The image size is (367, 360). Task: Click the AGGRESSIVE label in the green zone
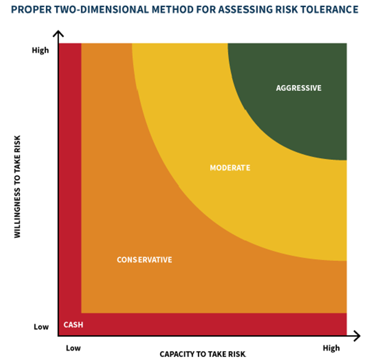pos(299,88)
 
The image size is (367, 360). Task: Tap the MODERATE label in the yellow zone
pos(230,168)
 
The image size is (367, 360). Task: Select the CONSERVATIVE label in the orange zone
pos(144,259)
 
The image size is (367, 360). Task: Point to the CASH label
pos(73,325)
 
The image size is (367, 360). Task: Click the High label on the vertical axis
pos(40,50)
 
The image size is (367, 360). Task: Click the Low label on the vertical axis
pos(41,327)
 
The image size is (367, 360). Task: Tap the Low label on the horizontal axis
pos(73,348)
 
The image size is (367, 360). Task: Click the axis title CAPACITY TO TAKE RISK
pos(202,355)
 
